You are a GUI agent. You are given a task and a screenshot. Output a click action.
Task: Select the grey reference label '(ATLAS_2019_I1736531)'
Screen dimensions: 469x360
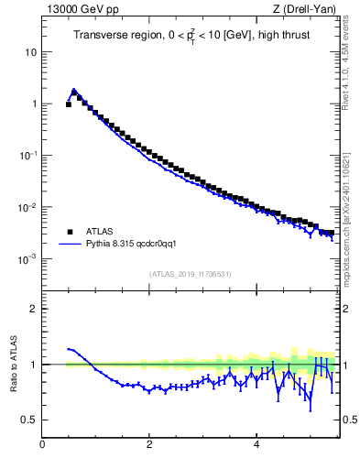click(189, 274)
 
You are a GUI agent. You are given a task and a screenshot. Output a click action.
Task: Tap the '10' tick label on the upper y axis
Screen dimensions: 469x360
click(30, 52)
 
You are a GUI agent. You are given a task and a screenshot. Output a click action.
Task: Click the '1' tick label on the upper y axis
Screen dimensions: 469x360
click(33, 104)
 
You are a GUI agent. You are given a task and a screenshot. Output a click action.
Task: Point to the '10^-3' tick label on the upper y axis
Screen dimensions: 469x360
click(27, 259)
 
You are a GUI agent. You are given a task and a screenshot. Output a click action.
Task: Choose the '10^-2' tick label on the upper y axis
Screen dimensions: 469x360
click(27, 208)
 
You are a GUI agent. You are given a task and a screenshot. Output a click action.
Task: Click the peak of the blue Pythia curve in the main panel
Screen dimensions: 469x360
click(74, 91)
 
